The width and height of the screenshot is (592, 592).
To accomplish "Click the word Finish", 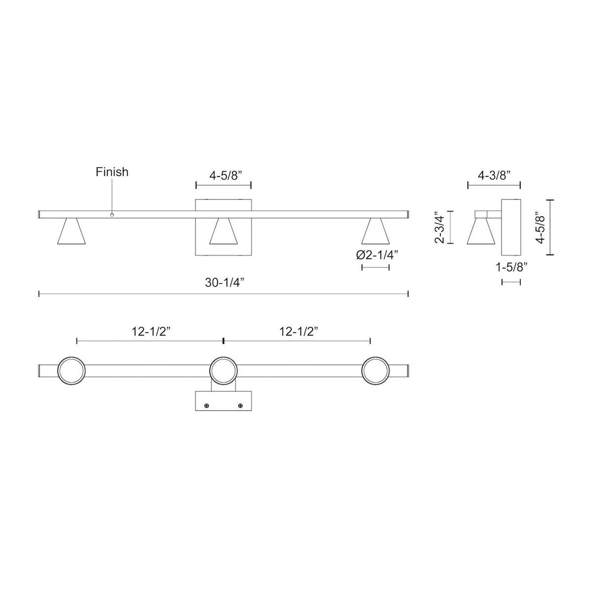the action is coord(112,172).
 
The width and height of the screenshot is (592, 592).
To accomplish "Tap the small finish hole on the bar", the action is coord(112,215).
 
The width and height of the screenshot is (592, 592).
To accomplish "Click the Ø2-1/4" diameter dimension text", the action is coord(377,255).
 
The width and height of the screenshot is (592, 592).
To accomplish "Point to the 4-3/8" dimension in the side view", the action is coord(494,176).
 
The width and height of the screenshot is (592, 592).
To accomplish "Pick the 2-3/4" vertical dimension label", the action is coord(440,227).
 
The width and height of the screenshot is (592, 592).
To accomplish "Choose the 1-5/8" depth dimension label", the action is coord(512,267).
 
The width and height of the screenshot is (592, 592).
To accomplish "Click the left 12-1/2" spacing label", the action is coord(151,332).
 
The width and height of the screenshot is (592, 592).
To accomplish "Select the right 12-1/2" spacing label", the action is coord(298,332).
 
